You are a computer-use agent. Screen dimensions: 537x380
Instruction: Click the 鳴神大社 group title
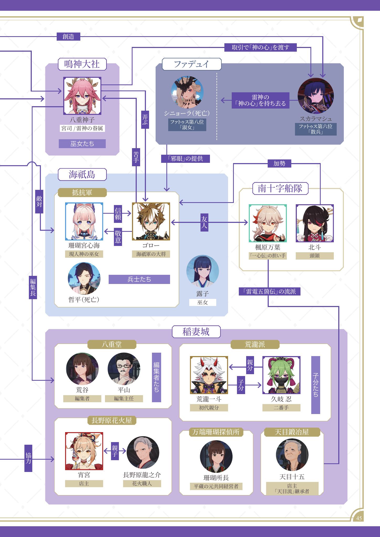coord(82,64)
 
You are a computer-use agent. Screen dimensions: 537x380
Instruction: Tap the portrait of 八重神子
coord(82,96)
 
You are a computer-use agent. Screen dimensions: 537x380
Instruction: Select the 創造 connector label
coord(68,36)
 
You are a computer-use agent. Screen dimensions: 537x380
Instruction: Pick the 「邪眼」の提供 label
coord(185,158)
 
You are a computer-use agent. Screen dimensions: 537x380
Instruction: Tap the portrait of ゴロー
coord(151,222)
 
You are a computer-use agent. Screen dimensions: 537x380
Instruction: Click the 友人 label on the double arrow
coord(204,222)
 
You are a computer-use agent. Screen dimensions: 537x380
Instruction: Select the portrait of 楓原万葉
coord(268,223)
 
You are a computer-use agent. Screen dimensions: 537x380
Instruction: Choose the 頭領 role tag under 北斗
coord(314,256)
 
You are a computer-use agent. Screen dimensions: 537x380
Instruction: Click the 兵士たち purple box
coord(139,279)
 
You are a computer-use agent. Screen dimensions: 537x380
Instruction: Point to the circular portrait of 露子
coord(202,271)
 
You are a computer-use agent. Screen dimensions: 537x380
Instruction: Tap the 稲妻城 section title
coord(196,332)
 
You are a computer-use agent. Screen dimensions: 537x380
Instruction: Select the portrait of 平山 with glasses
coord(124,369)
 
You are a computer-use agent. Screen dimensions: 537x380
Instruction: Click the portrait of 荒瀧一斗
coord(209,375)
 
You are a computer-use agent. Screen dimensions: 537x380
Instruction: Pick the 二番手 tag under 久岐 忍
coord(281,408)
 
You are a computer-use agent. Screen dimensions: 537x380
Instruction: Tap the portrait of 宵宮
coord(84,451)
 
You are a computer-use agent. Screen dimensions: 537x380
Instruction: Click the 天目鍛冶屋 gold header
coord(292,432)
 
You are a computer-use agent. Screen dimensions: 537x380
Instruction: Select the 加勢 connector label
coord(279,164)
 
